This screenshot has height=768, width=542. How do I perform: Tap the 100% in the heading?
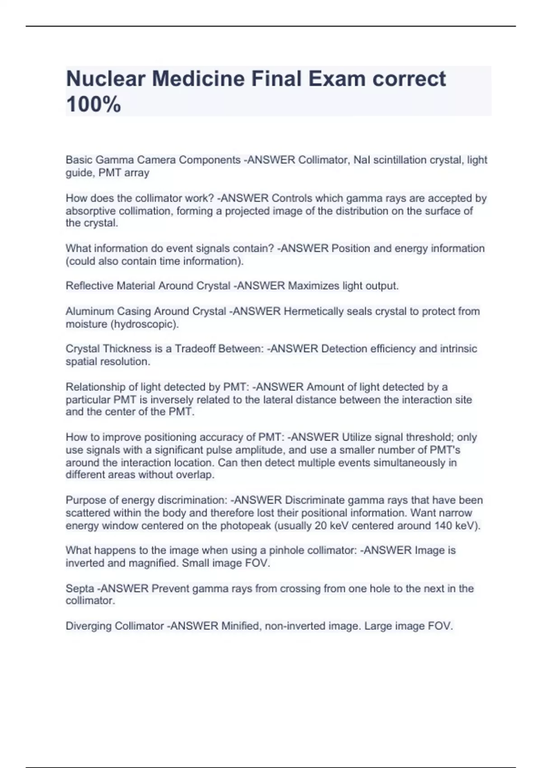[x=93, y=104]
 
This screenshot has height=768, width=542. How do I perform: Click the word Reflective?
[x=89, y=286]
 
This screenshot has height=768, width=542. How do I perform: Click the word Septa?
[x=80, y=589]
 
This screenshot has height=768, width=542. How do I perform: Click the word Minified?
[x=241, y=626]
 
